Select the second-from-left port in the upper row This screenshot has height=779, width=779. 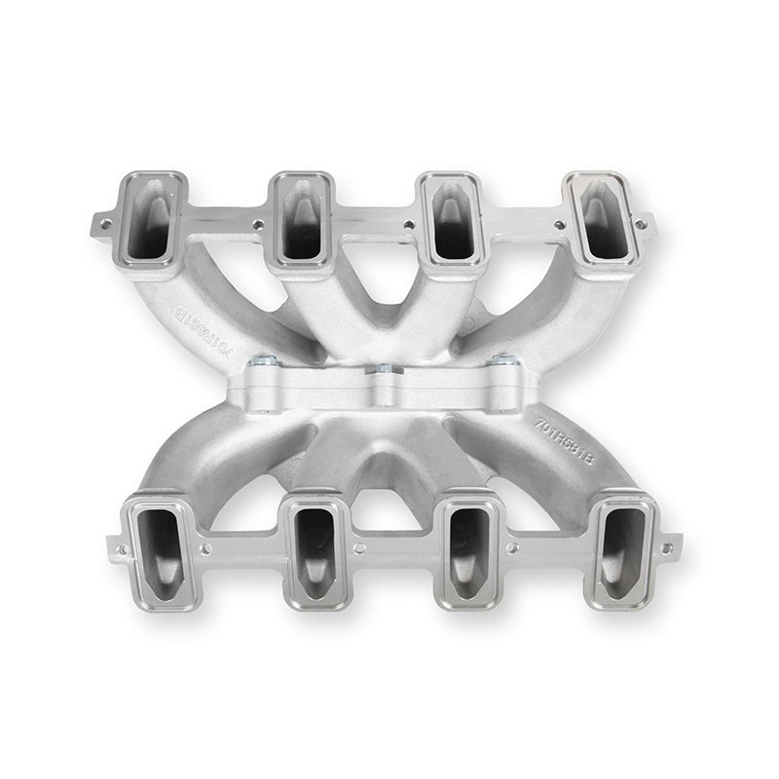click(x=303, y=218)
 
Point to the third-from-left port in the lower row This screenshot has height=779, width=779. click(x=468, y=553)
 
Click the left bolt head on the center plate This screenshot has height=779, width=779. click(x=262, y=361)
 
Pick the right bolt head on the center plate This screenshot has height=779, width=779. click(x=505, y=360)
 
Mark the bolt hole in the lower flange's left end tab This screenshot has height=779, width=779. click(x=122, y=550)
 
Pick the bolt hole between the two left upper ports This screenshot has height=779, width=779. click(x=258, y=224)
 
